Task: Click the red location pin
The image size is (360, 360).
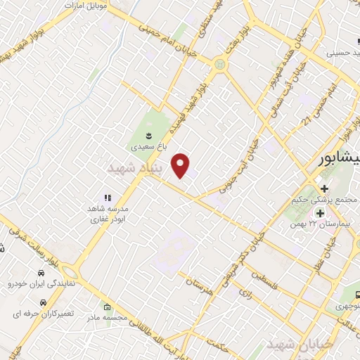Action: [182, 164]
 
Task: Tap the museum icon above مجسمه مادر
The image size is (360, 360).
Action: [107, 307]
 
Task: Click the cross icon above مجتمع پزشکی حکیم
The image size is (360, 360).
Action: [324, 188]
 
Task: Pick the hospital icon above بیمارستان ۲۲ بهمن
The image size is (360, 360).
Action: [320, 213]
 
